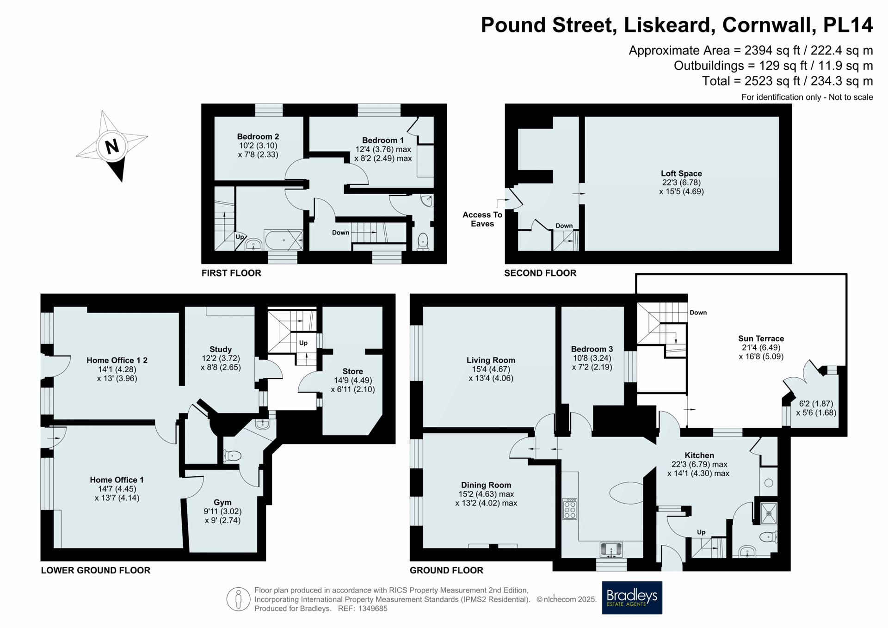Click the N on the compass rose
pyautogui.click(x=112, y=147)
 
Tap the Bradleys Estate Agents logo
pyautogui.click(x=632, y=597)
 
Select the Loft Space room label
pyautogui.click(x=681, y=173)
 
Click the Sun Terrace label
pyautogui.click(x=761, y=339)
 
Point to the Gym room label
pyautogui.click(x=222, y=502)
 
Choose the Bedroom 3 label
pyautogui.click(x=592, y=349)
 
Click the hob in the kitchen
pyautogui.click(x=570, y=509)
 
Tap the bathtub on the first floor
pyautogui.click(x=284, y=240)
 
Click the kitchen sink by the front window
pyautogui.click(x=611, y=550)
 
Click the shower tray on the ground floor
pyautogui.click(x=769, y=513)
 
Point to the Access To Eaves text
pyautogui.click(x=482, y=219)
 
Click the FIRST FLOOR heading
pyautogui.click(x=231, y=273)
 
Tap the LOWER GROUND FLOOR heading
pyautogui.click(x=96, y=570)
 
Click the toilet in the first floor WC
pyautogui.click(x=423, y=241)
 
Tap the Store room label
pyautogui.click(x=352, y=371)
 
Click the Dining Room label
pyautogui.click(x=486, y=485)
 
